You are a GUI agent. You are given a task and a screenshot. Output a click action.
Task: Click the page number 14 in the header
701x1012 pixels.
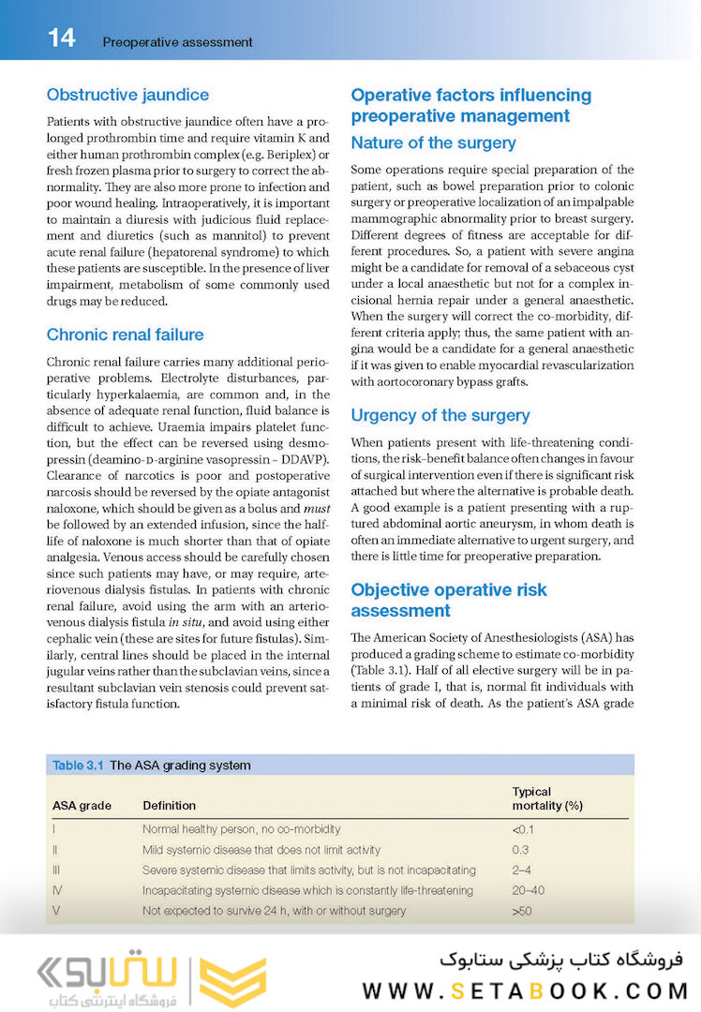tap(62, 38)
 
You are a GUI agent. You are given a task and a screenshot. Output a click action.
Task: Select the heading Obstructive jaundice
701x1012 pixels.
tap(127, 95)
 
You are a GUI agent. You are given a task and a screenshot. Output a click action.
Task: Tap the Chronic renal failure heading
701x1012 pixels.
tap(125, 335)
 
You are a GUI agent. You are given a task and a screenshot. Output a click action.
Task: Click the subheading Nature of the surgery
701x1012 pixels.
tap(433, 143)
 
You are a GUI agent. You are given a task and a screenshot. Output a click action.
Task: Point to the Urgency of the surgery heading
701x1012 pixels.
tap(440, 415)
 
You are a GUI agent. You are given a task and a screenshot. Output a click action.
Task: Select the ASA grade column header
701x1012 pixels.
tap(82, 805)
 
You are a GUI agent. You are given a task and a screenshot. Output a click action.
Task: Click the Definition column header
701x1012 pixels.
tap(169, 805)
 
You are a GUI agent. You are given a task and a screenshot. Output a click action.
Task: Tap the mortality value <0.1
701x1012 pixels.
tap(523, 829)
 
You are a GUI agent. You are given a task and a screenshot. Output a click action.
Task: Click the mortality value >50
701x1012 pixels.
tap(521, 911)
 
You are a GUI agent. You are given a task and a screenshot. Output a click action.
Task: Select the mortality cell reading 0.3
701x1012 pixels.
tap(520, 850)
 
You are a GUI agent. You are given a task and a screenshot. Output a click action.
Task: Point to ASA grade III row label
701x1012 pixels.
tap(55, 871)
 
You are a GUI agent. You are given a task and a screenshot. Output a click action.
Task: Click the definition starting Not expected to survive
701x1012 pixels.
tap(274, 911)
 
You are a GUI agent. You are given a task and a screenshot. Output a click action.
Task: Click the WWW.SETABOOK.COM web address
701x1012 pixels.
tap(525, 990)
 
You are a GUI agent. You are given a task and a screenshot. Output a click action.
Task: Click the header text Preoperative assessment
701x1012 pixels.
tap(177, 42)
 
